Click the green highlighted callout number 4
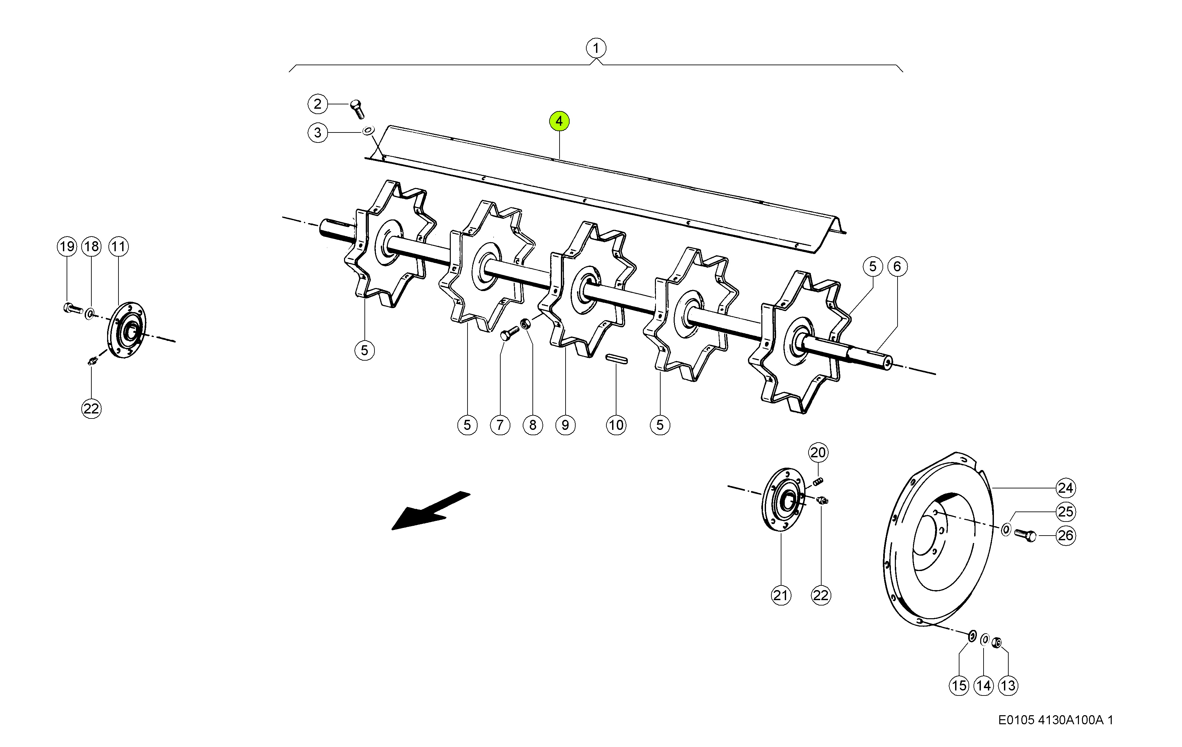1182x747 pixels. coord(559,121)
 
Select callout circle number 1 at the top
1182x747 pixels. coord(596,48)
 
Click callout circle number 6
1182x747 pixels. coord(897,267)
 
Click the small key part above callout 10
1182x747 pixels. coord(616,359)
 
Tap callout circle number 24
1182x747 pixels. coord(1065,488)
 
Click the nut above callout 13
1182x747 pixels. coord(997,642)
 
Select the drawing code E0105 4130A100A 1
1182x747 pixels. coord(1056,720)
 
